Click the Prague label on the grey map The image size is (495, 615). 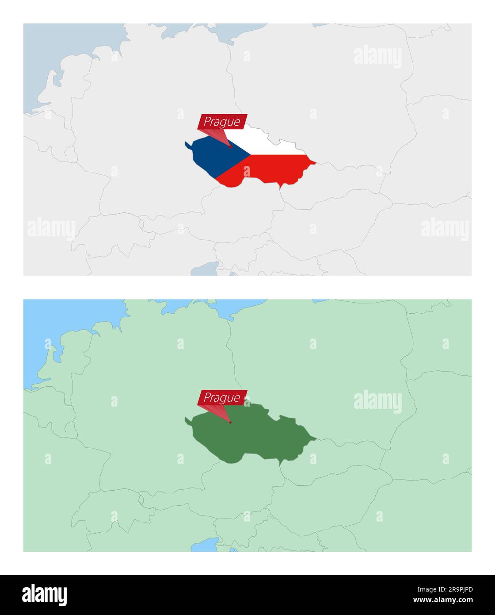click(222, 122)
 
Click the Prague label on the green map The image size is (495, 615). click(222, 397)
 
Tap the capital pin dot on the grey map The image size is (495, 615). click(230, 146)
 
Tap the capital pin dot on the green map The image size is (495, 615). click(230, 422)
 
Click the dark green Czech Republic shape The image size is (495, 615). click(247, 438)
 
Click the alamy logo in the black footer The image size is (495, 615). click(45, 595)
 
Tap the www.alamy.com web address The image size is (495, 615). click(443, 600)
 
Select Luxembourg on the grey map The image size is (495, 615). click(71, 154)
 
